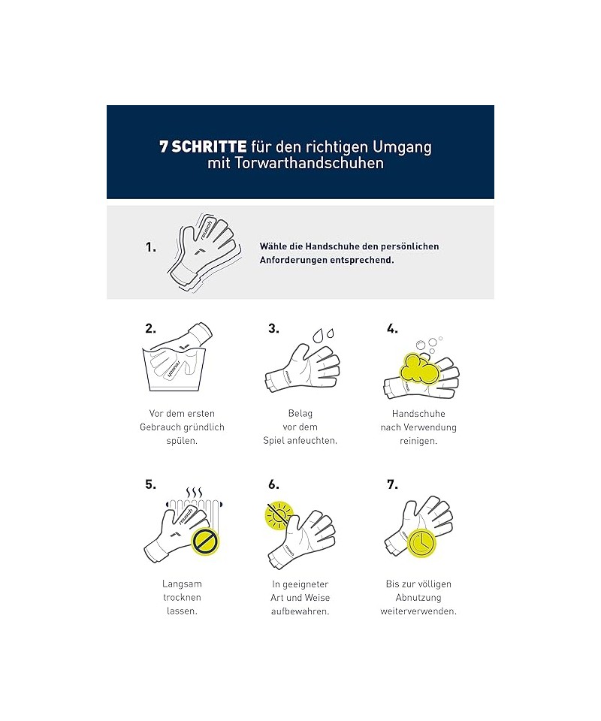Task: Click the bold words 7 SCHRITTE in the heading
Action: point(203,146)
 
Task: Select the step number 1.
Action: point(151,247)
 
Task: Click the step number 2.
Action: point(150,328)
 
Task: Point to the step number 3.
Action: point(273,328)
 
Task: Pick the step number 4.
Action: point(392,328)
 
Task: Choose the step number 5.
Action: point(150,484)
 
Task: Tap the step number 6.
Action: point(273,484)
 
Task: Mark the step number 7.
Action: point(392,484)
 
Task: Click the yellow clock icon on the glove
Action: point(421,542)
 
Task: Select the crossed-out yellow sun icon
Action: point(279,515)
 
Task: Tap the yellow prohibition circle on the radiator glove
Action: point(206,541)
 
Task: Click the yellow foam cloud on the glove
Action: point(419,368)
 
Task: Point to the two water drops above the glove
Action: point(323,335)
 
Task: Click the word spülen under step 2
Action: point(182,441)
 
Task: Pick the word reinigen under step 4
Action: point(418,441)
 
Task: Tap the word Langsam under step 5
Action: point(182,584)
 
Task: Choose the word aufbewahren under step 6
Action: point(300,611)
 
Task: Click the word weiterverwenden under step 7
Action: point(418,611)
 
